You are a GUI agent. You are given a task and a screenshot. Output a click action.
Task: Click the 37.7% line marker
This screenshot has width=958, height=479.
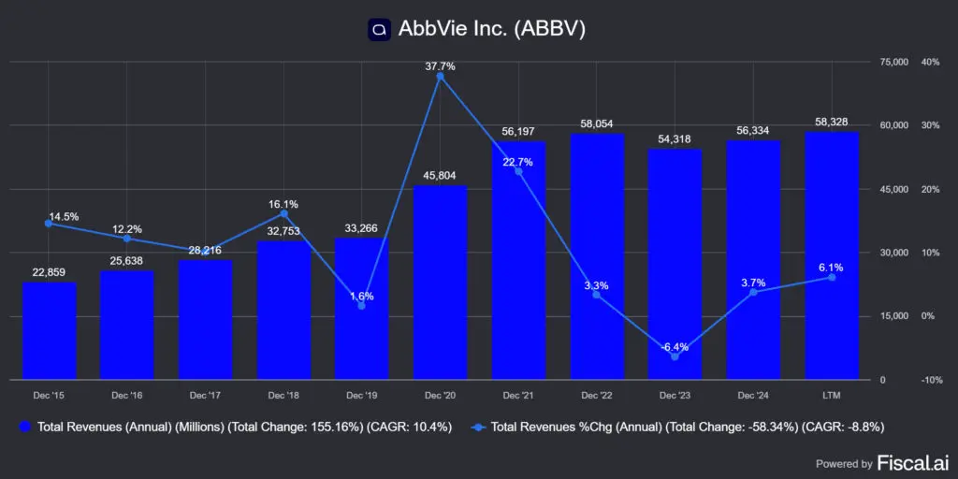coord(440,77)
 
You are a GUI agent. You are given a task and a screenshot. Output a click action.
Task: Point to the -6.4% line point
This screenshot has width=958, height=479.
coord(675,356)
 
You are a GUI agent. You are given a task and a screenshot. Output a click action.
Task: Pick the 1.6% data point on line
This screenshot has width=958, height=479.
coord(362,306)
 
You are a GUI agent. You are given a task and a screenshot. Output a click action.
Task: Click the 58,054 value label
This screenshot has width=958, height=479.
coord(596,123)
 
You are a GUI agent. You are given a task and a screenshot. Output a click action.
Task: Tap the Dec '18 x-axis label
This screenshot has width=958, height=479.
coord(283,397)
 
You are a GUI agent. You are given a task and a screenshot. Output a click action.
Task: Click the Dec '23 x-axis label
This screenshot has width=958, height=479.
coord(675,397)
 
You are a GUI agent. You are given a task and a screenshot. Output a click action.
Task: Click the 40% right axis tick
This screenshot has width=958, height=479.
coord(930,62)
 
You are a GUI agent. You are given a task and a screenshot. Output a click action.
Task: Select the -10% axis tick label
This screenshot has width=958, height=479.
coord(929,380)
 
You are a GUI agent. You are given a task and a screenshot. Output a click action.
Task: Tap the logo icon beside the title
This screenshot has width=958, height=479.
coord(379,29)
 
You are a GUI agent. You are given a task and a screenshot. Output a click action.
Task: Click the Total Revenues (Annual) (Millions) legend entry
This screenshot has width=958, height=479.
coord(234,427)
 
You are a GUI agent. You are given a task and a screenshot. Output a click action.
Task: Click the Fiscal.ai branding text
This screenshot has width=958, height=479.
coord(912,462)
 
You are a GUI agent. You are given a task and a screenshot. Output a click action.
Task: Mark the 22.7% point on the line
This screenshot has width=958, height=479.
coord(518,171)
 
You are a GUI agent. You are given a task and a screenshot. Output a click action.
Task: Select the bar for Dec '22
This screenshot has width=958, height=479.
coord(596,256)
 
